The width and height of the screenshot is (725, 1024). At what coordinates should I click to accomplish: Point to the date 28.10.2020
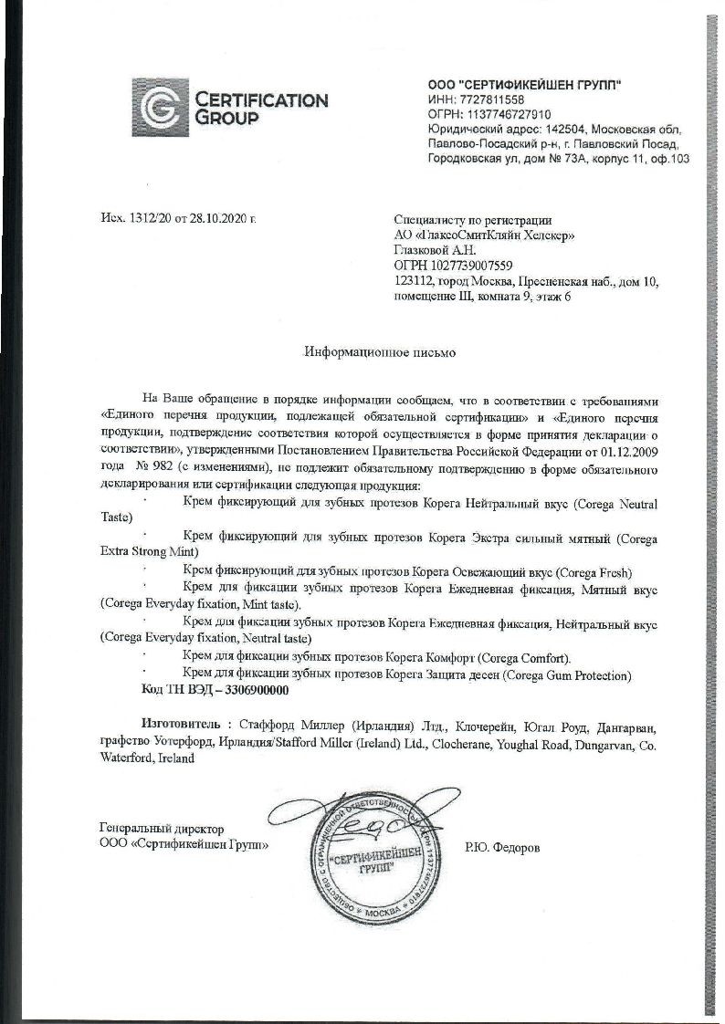click(219, 219)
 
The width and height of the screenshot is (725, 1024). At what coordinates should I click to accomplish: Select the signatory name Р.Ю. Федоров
click(502, 847)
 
